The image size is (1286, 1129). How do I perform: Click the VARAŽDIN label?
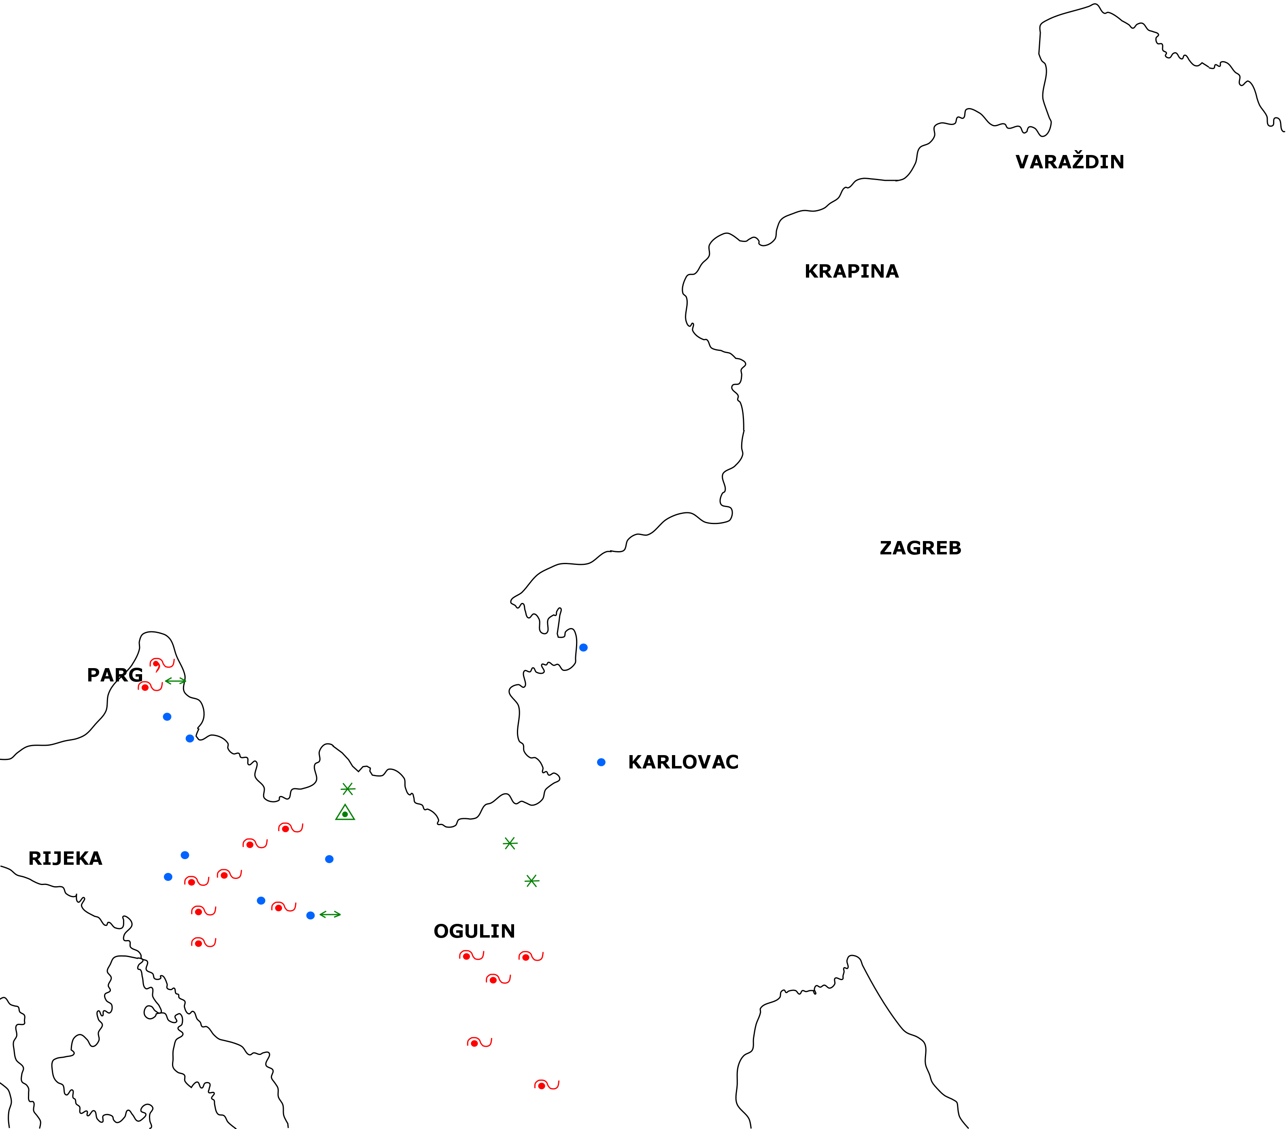1069,161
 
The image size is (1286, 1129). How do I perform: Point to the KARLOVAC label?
683,762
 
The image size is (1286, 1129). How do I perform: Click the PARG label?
115,675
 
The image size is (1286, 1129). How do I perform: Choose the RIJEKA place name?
66,859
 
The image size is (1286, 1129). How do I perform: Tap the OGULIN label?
474,932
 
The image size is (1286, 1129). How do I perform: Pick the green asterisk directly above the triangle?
348,789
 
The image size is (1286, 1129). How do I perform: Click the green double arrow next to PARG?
176,681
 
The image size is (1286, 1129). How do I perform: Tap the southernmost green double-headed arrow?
330,915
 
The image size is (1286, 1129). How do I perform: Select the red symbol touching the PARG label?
150,687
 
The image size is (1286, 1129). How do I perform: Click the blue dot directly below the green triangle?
329,859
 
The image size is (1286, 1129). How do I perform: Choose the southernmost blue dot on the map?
310,915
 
